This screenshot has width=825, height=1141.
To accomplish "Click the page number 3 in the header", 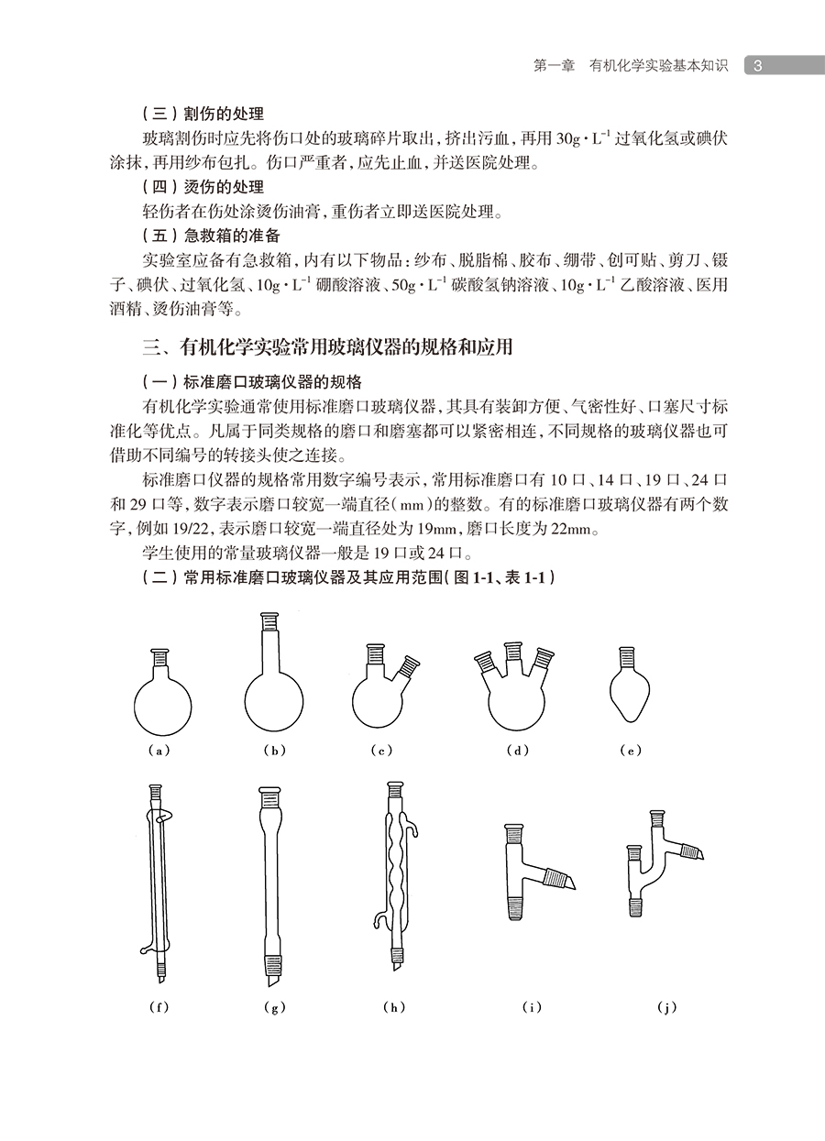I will [x=758, y=66].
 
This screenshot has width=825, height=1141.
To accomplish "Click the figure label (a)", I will [x=160, y=751].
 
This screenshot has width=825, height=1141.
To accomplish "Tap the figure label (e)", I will [x=630, y=751].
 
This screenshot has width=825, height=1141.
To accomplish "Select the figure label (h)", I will [x=393, y=1007].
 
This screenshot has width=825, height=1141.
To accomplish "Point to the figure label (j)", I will [x=666, y=1007].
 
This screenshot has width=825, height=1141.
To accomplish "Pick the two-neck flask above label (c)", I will [x=382, y=696].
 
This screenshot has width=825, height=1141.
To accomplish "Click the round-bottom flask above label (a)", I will [x=162, y=698].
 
